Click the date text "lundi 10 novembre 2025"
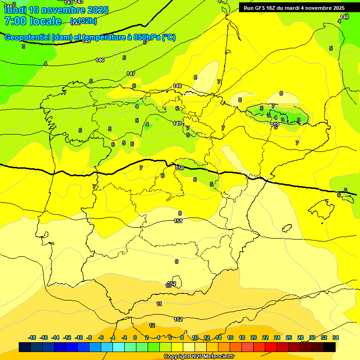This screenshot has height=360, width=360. click(x=56, y=9)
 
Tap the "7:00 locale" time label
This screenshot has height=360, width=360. click(x=33, y=21)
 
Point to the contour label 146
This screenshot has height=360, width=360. click(x=100, y=60)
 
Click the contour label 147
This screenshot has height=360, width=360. click(x=131, y=74)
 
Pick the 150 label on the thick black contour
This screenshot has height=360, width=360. click(x=179, y=167)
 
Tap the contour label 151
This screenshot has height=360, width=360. click(x=178, y=221)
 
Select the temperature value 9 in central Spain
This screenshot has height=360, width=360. click(x=177, y=262)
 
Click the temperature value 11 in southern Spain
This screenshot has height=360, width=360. click(x=159, y=304)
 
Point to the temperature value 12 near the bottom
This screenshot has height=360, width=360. click(x=152, y=325)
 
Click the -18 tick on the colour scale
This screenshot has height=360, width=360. click(x=32, y=337)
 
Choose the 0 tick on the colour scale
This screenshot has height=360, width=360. click(x=135, y=337)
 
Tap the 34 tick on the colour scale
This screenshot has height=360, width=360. click(x=336, y=337)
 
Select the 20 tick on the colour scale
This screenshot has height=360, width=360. click(x=254, y=337)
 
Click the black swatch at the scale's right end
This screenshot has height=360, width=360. click(x=330, y=347)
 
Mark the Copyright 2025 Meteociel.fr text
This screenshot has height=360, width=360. click(x=199, y=357)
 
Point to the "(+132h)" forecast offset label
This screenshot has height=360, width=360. click(x=83, y=21)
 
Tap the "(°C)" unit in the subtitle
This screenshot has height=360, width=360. click(x=169, y=37)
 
